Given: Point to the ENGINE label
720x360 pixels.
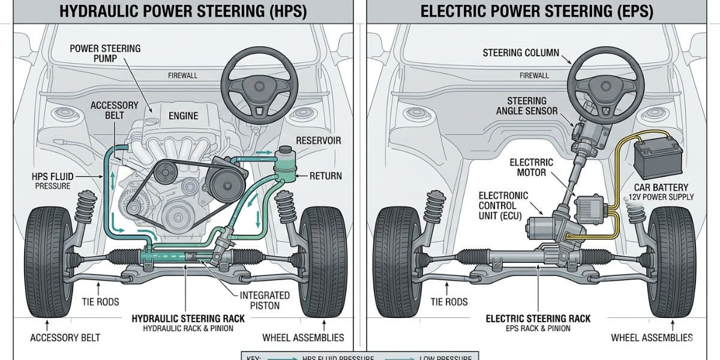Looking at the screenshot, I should tap(183, 115).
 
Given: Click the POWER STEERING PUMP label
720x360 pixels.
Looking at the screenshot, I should tap(105, 53).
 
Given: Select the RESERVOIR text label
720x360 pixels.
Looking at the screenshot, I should tap(318, 140).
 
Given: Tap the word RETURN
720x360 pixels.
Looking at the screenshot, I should tap(325, 176).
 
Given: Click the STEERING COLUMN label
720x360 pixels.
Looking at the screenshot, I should tap(521, 53).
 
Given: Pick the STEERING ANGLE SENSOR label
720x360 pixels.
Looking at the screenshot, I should tap(527, 106).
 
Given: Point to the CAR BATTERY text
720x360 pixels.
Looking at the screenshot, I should tap(661, 187).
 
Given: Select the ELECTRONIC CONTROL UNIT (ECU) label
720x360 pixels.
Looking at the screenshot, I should tap(503, 206).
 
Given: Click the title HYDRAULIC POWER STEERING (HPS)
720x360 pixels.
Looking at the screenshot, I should tap(183, 11).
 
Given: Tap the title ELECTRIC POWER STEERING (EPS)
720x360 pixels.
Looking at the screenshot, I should tap(536, 11).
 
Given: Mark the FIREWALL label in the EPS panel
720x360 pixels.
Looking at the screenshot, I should tap(534, 76).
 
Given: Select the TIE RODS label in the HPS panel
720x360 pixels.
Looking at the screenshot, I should tap(100, 302).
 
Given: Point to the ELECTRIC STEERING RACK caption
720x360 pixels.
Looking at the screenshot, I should tap(538, 319).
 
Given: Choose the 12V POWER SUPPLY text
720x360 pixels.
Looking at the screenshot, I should tap(661, 197).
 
